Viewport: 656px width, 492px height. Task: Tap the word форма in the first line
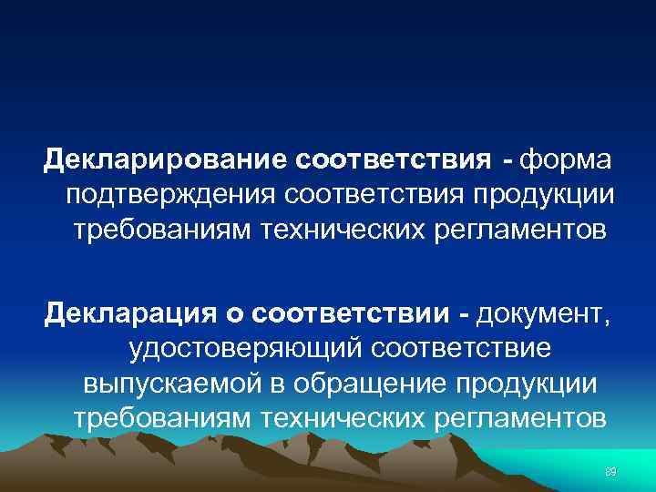pos(569,161)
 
